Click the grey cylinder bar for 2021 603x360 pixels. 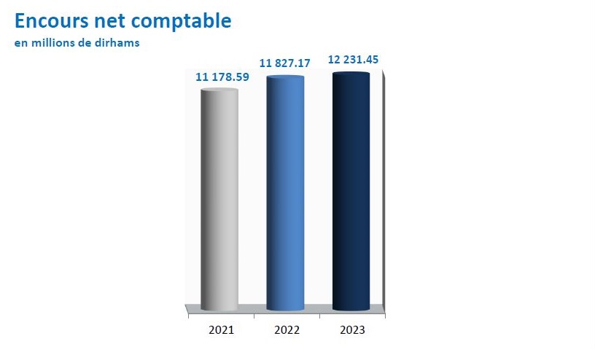pyautogui.click(x=219, y=199)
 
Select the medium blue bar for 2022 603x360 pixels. pyautogui.click(x=285, y=193)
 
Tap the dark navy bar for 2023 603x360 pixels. pyautogui.click(x=351, y=191)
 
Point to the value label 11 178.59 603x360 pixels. pyautogui.click(x=222, y=77)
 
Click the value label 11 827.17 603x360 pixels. pyautogui.click(x=284, y=63)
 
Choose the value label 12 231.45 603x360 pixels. pyautogui.click(x=353, y=60)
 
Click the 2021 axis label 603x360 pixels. pyautogui.click(x=221, y=330)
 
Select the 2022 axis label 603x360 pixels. pyautogui.click(x=287, y=330)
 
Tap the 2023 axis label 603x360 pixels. pyautogui.click(x=352, y=330)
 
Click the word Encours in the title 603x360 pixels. pyautogui.click(x=52, y=20)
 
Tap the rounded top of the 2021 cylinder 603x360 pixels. pyautogui.click(x=219, y=90)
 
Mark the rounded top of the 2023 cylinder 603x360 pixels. pyautogui.click(x=351, y=74)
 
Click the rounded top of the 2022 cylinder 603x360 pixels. pyautogui.click(x=285, y=77)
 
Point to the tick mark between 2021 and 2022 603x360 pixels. pyautogui.click(x=254, y=316)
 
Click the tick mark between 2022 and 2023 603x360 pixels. pyautogui.click(x=319, y=316)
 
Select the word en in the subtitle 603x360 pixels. pyautogui.click(x=21, y=44)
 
